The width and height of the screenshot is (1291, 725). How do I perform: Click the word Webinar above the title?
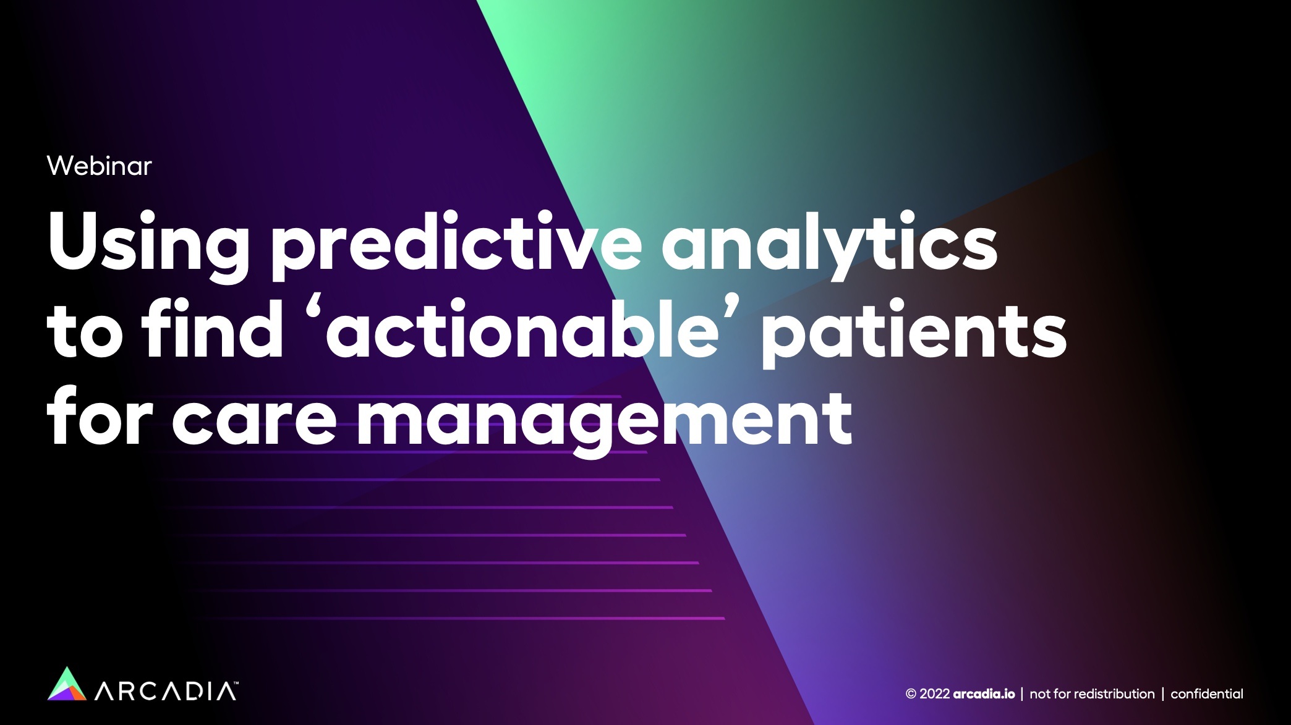99,166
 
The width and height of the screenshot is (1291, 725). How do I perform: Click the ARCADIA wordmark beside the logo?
164,692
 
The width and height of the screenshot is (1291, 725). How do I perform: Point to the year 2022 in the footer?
934,694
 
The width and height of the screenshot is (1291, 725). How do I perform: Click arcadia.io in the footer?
984,694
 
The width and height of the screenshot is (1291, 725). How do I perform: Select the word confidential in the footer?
1207,694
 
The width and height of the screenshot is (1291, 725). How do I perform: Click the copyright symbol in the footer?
911,694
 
